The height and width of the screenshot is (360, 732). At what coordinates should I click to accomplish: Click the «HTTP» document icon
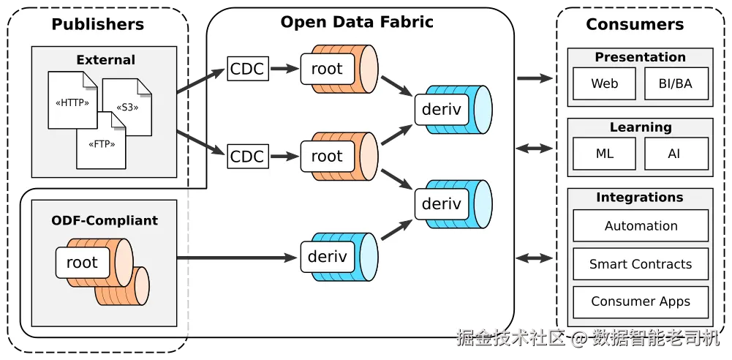(x=72, y=100)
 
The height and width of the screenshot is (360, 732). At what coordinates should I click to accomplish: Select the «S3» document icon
(x=127, y=107)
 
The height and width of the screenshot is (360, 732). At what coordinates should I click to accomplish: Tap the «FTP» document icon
(x=102, y=140)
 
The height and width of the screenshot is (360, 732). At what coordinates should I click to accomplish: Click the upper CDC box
(x=248, y=69)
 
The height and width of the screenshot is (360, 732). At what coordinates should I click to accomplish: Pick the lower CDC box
(x=248, y=156)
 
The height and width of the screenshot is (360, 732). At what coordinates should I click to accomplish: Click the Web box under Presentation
(x=604, y=83)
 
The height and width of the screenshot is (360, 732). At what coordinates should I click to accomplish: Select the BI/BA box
(x=676, y=83)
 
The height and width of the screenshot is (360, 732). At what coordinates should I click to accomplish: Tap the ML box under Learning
(x=604, y=154)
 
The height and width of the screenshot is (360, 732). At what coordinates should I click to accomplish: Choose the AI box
(x=676, y=154)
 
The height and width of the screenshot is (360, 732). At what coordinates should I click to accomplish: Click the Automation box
(x=641, y=225)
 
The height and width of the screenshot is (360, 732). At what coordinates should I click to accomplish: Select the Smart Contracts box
(x=641, y=264)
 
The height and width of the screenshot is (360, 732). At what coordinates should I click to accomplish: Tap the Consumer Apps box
(x=641, y=301)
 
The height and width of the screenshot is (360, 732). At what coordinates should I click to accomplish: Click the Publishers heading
(x=97, y=24)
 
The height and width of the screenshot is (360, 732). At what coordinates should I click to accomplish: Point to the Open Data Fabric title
(x=357, y=22)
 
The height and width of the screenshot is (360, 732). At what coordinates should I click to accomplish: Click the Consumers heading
(x=635, y=24)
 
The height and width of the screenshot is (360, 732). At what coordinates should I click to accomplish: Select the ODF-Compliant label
(x=104, y=220)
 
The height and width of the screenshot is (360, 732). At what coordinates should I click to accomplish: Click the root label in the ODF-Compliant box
(x=82, y=263)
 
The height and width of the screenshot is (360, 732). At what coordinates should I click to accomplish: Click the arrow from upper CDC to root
(x=284, y=69)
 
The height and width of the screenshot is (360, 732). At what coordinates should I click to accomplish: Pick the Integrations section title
(x=640, y=197)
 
